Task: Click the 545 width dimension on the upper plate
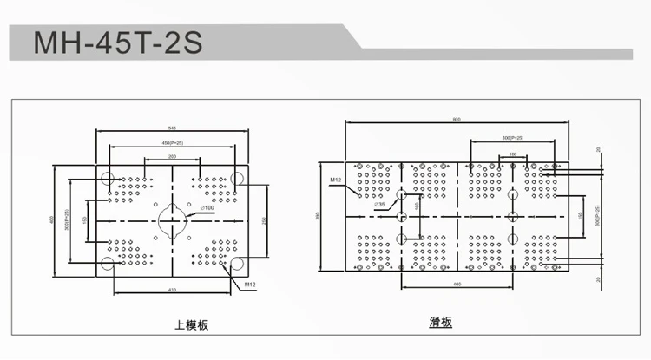point(173,127)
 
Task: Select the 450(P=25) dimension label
point(173,141)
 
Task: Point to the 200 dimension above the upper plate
point(173,155)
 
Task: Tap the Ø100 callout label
point(207,208)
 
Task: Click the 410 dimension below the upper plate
point(173,289)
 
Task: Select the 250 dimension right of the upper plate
point(263,221)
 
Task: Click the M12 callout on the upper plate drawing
point(249,283)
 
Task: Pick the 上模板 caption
point(192,325)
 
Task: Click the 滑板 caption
point(441,322)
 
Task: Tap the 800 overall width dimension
point(457,120)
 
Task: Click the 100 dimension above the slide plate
point(514,154)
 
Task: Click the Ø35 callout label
point(381,205)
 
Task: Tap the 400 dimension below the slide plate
point(457,285)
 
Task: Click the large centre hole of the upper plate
point(173,221)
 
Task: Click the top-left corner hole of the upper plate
point(107,180)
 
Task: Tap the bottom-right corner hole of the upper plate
point(237,264)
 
